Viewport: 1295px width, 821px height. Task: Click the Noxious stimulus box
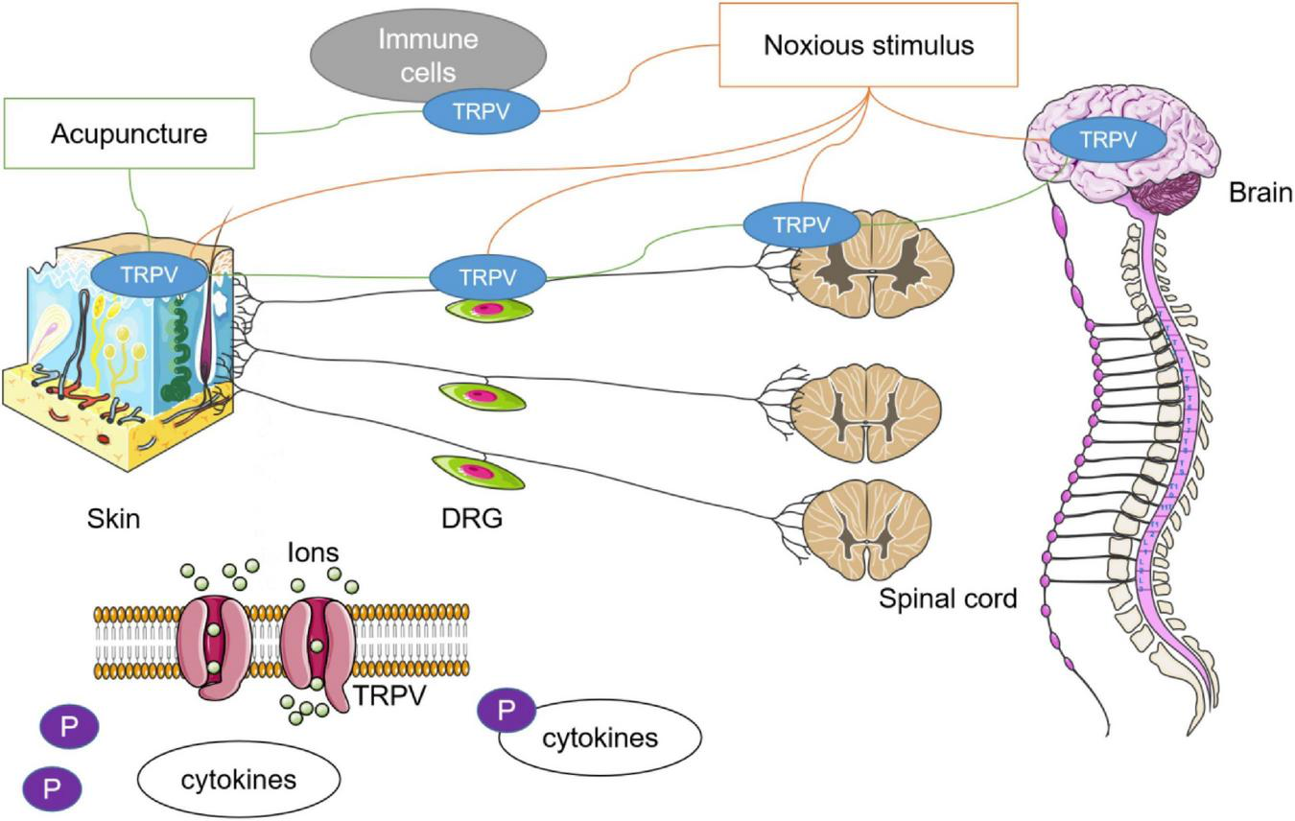[868, 45]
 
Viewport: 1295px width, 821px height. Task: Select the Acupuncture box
[129, 133]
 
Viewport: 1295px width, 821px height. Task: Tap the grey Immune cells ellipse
[428, 55]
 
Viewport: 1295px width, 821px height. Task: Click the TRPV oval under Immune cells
[482, 111]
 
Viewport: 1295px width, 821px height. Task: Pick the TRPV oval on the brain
[1108, 140]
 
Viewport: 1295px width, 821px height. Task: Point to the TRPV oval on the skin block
[149, 274]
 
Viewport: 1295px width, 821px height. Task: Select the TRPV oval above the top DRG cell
[487, 278]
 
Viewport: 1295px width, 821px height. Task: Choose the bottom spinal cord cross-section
[866, 524]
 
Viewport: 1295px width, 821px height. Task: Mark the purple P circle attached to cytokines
[505, 710]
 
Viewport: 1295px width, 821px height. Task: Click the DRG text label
[472, 519]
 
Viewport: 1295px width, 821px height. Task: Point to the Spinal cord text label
[947, 599]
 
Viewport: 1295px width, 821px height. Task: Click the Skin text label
[112, 519]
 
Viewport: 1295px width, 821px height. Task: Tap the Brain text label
[1260, 193]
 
